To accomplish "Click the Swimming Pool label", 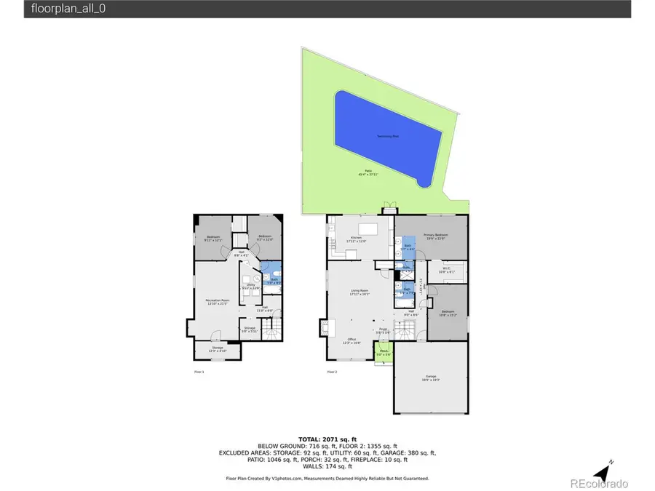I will [387, 137].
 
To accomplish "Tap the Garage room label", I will [431, 378].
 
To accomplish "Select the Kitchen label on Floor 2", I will [357, 239].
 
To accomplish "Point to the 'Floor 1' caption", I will [199, 372].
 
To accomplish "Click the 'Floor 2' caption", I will [332, 372].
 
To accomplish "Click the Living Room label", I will [360, 292].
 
